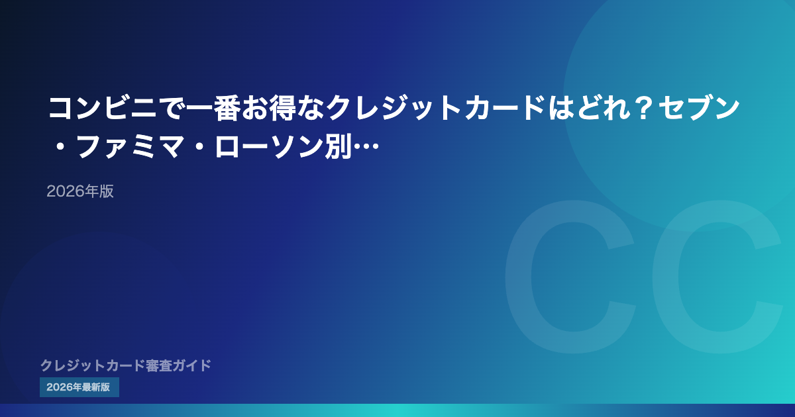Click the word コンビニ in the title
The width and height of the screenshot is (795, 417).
103,108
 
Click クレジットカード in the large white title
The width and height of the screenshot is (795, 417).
436,108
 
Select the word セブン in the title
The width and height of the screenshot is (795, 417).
699,108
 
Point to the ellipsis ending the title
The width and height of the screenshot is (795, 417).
366,146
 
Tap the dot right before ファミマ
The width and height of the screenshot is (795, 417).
60,146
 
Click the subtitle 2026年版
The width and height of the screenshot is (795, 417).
80,191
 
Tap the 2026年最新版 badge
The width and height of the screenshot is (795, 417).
79,387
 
